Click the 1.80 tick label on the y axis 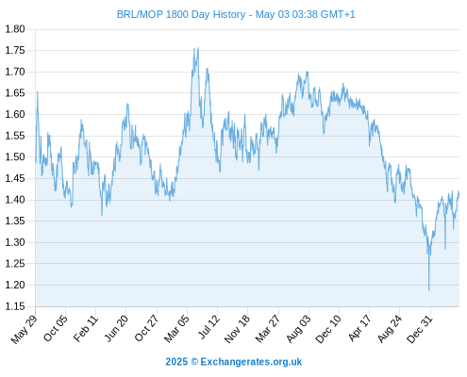(14, 29)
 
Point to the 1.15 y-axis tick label (14, 306)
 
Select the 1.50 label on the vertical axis (14, 157)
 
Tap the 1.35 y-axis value (14, 221)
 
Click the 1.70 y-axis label (14, 72)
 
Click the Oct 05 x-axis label (56, 329)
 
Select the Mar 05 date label (176, 329)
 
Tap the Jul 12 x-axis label (208, 327)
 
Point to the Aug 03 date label (299, 329)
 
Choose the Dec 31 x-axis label (420, 329)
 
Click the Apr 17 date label (360, 329)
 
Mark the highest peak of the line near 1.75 (198, 48)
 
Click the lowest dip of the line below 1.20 (428, 290)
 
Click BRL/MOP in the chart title (140, 14)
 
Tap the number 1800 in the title (177, 14)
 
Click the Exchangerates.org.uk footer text (251, 362)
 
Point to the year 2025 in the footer (176, 362)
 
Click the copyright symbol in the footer (194, 362)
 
